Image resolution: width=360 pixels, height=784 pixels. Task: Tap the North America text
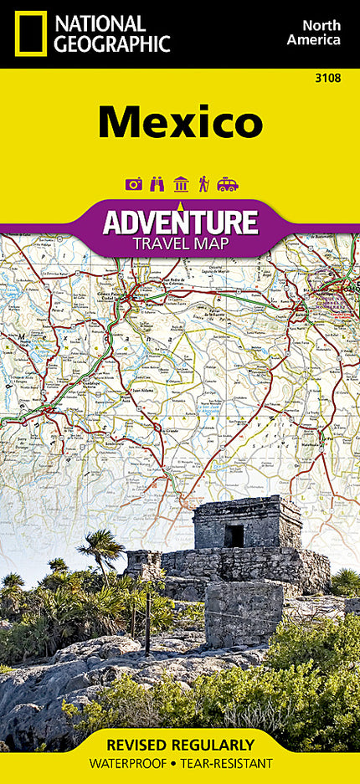(313, 32)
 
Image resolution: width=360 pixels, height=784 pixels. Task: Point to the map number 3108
(327, 79)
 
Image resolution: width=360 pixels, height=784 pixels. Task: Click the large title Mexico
(180, 123)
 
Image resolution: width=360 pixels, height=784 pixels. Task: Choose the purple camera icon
(133, 184)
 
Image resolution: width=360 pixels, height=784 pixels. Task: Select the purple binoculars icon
(157, 184)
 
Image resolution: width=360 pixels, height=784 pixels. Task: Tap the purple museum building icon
(180, 184)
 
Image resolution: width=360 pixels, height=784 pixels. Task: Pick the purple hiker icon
(203, 184)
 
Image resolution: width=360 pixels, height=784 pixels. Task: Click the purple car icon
(228, 184)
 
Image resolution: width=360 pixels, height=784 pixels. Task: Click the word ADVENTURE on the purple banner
(180, 222)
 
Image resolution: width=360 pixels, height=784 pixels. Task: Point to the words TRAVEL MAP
(180, 244)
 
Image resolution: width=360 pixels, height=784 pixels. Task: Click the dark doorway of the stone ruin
(235, 535)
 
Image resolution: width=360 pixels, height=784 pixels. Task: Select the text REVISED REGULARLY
(180, 744)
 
